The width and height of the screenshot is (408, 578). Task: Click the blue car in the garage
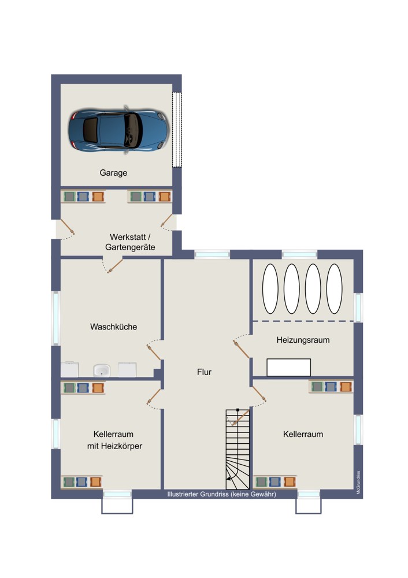tap(118, 129)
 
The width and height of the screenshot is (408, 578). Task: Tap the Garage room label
tap(113, 173)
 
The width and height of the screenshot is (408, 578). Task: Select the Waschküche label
tap(113, 327)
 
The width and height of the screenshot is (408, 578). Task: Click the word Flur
tap(204, 372)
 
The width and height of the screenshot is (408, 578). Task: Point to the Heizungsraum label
tap(303, 340)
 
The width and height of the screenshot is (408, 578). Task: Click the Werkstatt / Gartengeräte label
tap(130, 242)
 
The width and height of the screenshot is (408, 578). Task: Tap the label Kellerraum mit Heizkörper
tap(114, 440)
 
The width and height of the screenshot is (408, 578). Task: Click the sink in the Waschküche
tap(102, 370)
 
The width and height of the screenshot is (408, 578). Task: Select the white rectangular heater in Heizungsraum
tap(288, 367)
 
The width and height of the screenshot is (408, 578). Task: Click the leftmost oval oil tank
tap(270, 288)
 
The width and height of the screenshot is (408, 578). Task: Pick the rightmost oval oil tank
tap(334, 288)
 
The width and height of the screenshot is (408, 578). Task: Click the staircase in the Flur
tap(238, 449)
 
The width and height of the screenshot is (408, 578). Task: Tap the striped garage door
tap(177, 129)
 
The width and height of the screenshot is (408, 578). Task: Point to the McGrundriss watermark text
tap(358, 483)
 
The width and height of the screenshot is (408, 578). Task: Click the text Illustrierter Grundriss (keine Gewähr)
tap(221, 494)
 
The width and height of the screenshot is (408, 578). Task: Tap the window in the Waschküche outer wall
tap(56, 318)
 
